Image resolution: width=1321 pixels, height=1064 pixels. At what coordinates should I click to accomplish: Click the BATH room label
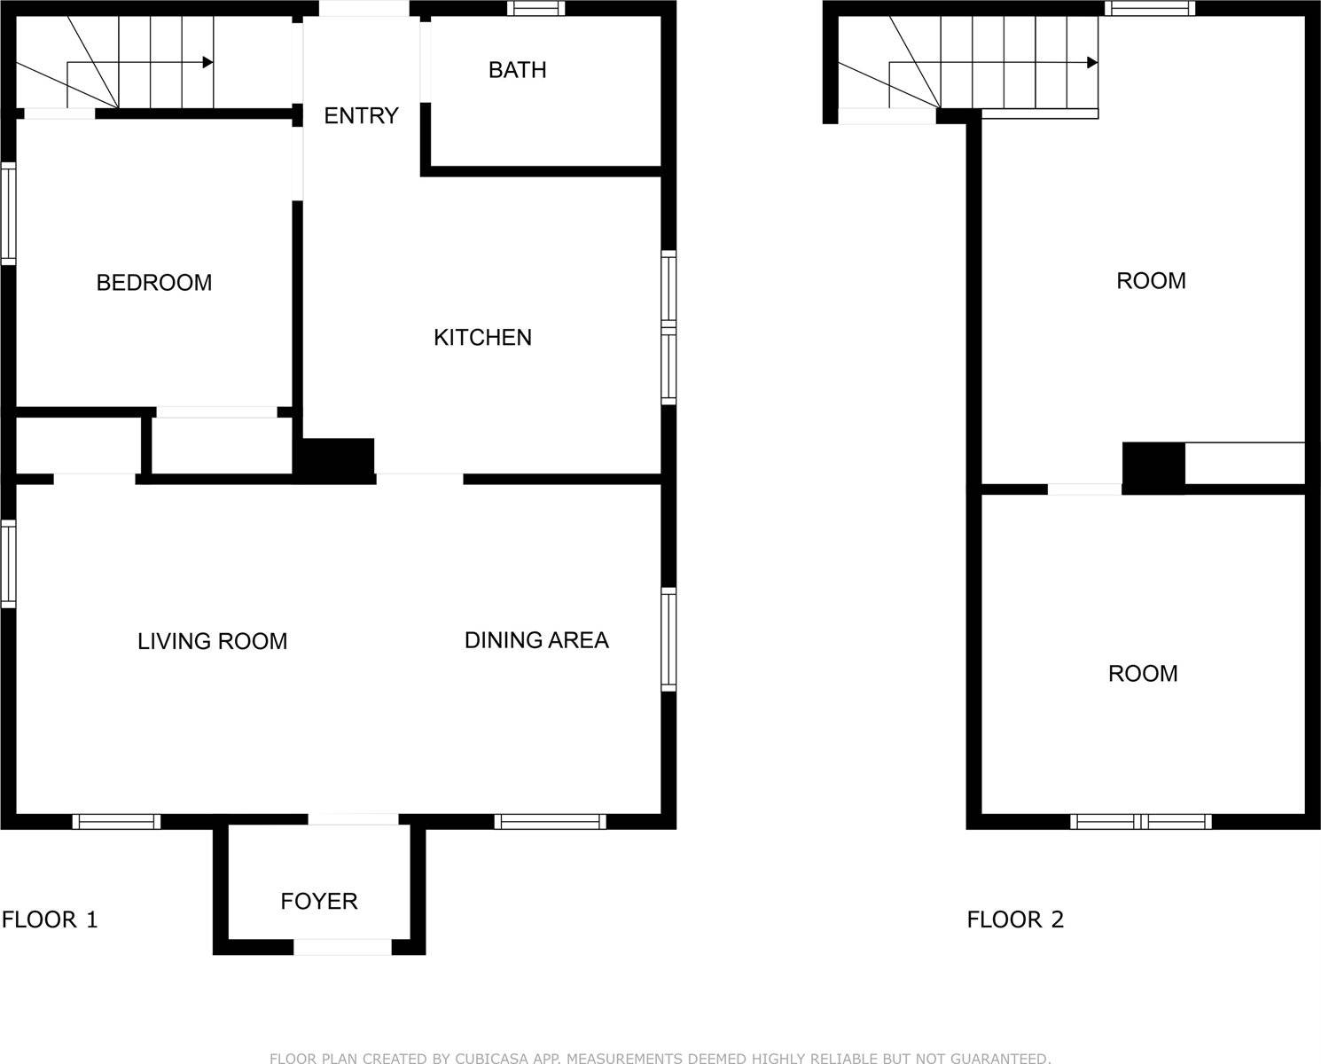point(517,70)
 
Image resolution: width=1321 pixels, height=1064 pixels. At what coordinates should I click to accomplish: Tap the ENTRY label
point(361,115)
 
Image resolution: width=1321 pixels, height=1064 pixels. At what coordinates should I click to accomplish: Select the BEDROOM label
point(154,283)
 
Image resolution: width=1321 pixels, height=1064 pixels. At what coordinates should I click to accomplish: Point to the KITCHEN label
point(482,338)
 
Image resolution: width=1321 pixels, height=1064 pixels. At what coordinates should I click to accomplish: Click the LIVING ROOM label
point(212,641)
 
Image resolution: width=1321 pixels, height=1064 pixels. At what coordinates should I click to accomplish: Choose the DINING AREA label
point(536,640)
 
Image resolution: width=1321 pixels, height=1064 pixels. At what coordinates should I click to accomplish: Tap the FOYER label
point(319,902)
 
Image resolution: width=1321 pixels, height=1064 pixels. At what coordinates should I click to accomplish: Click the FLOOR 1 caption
point(50,919)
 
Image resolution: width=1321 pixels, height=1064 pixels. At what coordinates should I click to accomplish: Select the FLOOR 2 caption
point(1015,919)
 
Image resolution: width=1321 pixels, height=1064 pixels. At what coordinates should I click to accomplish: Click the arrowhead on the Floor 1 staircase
point(207,62)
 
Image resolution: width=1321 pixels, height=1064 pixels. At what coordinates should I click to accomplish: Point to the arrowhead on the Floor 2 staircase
point(1092,63)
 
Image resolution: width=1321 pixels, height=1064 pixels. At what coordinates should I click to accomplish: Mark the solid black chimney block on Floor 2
point(1153,466)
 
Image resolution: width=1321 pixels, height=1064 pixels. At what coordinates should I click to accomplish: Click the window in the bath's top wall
point(535,9)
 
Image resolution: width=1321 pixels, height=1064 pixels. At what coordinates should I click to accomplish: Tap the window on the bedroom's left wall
point(8,214)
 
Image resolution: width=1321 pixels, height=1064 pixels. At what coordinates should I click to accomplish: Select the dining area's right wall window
point(669,638)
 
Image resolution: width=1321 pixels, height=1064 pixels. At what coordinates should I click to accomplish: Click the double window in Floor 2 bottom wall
point(1140,821)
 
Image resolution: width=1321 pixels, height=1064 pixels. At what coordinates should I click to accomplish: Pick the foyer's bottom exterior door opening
point(342,947)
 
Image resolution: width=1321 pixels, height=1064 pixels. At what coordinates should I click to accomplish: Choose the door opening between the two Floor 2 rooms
point(1084,489)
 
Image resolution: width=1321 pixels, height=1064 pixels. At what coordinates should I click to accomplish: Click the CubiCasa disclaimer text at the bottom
point(660,1057)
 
